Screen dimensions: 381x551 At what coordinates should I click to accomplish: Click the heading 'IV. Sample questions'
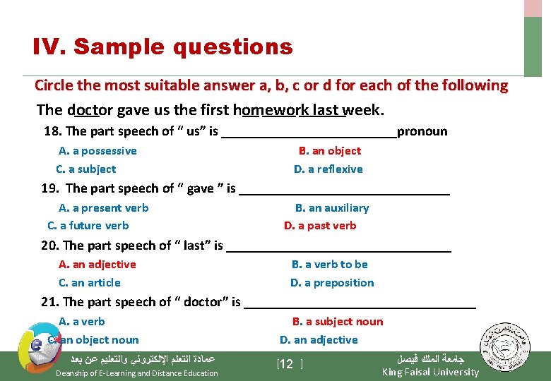[x=162, y=47]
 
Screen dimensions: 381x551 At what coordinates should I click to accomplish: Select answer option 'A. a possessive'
[x=97, y=151]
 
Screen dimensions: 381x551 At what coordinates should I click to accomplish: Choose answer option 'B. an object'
[x=329, y=151]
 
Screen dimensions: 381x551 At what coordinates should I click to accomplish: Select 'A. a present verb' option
[x=103, y=208]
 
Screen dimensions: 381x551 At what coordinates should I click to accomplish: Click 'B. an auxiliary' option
[x=331, y=208]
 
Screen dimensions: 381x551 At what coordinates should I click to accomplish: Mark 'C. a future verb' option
[x=88, y=226]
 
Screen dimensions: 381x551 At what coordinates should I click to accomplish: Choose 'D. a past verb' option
[x=320, y=226]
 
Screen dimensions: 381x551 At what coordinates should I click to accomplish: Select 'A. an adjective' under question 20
[x=97, y=265]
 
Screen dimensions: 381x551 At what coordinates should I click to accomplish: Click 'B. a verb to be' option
[x=329, y=265]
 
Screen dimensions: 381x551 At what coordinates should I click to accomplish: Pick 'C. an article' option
[x=90, y=283]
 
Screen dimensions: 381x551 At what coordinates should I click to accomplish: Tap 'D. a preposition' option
[x=332, y=283]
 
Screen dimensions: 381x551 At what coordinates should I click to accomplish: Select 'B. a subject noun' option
[x=338, y=322]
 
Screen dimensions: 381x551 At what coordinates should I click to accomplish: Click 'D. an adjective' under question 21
[x=319, y=340]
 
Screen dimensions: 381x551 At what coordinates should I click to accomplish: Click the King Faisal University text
[x=430, y=372]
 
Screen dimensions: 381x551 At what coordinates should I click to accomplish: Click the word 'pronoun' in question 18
[x=422, y=131]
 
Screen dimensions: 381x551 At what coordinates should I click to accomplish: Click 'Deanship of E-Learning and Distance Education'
[x=137, y=373]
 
